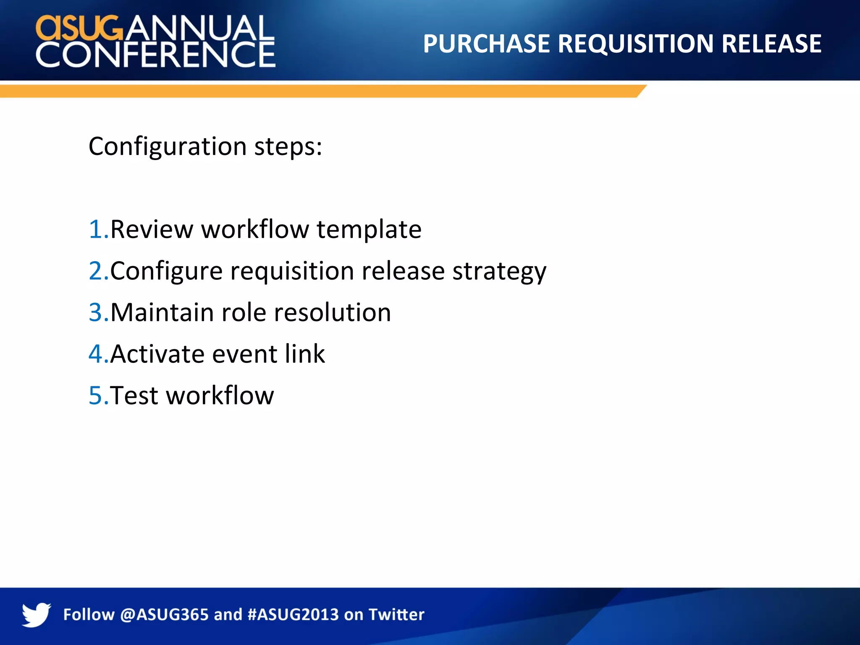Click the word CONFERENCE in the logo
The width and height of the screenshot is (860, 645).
(x=155, y=55)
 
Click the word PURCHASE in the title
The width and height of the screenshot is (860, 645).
(x=486, y=44)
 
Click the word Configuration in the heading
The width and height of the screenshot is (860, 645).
(x=167, y=147)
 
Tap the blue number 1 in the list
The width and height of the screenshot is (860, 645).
(x=96, y=230)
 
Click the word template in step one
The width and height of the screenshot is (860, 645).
(x=369, y=230)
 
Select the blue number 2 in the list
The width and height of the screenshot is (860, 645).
(x=96, y=271)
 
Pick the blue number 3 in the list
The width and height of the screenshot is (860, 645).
(x=96, y=313)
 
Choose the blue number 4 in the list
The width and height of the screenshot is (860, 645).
(x=96, y=354)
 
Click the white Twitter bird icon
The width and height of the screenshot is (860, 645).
(x=36, y=614)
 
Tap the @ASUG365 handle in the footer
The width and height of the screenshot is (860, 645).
(x=164, y=615)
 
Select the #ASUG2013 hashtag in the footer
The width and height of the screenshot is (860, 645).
(x=293, y=615)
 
